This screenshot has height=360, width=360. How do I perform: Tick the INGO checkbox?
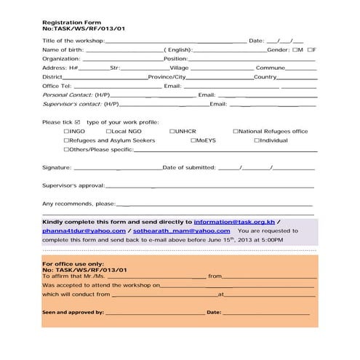pyautogui.click(x=66, y=132)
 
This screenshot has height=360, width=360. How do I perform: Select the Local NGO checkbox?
pyautogui.click(x=111, y=132)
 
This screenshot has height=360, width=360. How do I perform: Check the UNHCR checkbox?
pyautogui.click(x=172, y=132)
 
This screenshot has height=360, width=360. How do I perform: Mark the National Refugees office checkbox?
pyautogui.click(x=235, y=132)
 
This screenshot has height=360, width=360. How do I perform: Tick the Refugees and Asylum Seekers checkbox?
pyautogui.click(x=66, y=140)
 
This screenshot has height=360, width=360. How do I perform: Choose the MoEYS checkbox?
pyautogui.click(x=193, y=140)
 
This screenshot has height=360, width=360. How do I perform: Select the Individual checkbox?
pyautogui.click(x=256, y=140)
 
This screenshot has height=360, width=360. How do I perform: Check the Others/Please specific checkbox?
pyautogui.click(x=66, y=149)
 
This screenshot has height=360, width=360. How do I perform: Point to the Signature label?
pyautogui.click(x=57, y=168)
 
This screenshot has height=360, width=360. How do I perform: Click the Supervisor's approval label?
pyautogui.click(x=73, y=185)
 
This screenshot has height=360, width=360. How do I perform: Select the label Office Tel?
pyautogui.click(x=57, y=86)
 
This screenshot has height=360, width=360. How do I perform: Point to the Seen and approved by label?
pyautogui.click(x=73, y=312)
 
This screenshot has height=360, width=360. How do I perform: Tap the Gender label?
pyautogui.click(x=279, y=50)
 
